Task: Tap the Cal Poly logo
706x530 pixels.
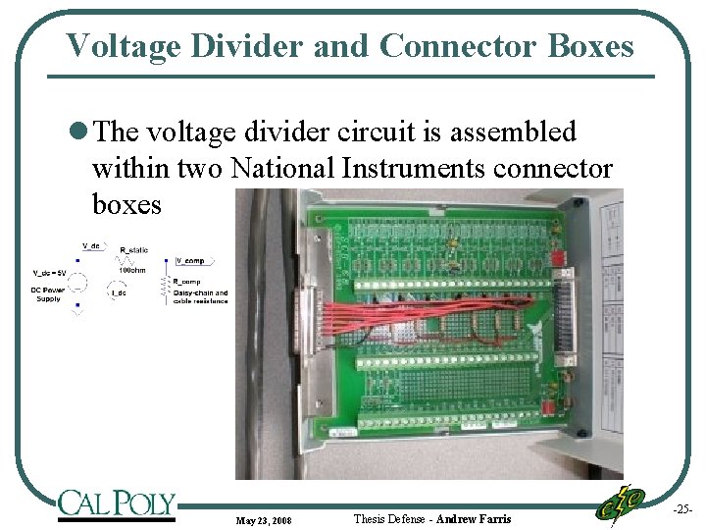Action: coord(117,503)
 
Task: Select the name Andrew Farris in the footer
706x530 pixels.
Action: coord(474,518)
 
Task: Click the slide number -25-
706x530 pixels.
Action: coord(681,509)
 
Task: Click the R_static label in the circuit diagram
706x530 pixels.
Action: coord(133,251)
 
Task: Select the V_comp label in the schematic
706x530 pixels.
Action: coord(190,261)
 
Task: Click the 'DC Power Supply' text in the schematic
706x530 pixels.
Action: coord(49,294)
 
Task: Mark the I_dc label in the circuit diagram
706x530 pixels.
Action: coord(119,292)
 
